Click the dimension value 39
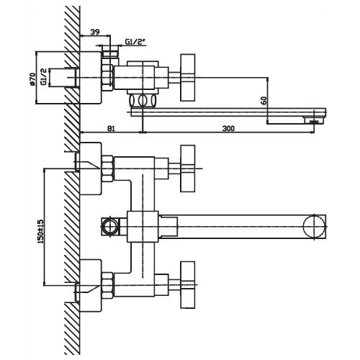coord(95,32)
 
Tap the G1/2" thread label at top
coord(135,42)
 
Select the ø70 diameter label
coord(32,79)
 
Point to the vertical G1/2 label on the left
coord(44,76)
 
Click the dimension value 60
coord(264,100)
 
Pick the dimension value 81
coord(111,128)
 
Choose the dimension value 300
coord(228,128)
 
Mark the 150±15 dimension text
coord(40,231)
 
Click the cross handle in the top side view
coord(187,77)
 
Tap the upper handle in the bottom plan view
coord(187,168)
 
